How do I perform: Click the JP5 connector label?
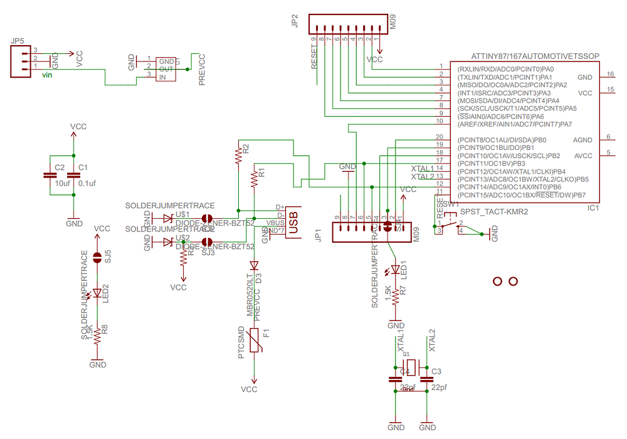[18, 41]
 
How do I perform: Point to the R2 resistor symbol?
[238, 156]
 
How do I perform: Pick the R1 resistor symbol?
[254, 178]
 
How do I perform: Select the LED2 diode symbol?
[97, 293]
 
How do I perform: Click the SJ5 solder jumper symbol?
[97, 257]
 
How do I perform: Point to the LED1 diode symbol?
[396, 270]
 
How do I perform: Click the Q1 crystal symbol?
[411, 366]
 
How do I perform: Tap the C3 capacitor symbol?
[427, 379]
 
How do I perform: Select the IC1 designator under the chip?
[594, 207]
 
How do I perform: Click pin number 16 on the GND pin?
[610, 74]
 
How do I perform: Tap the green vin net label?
[47, 75]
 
